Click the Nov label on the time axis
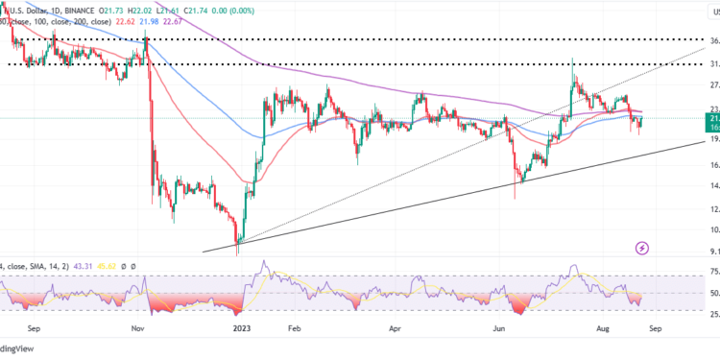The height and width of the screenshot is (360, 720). coord(137,327)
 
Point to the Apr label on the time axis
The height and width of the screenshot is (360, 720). coord(395,327)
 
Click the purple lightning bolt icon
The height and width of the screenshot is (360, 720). coord(642,249)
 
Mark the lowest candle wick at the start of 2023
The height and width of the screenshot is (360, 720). coord(236,252)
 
